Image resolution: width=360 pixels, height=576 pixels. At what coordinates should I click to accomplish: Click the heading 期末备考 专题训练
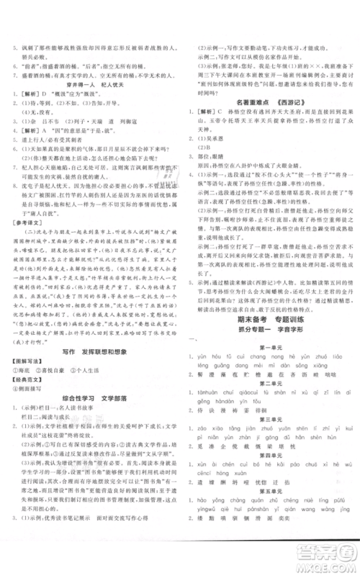click(266, 348)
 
